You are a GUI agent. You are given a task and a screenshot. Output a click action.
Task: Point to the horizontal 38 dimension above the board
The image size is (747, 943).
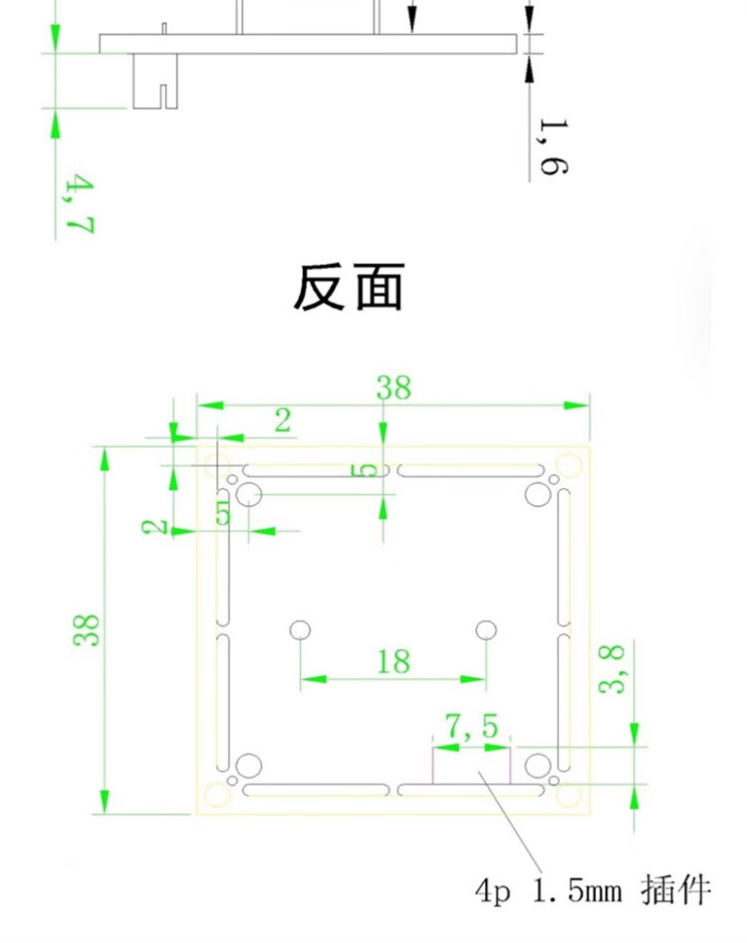(393, 387)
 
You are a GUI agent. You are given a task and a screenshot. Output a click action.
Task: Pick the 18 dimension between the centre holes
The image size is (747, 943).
(393, 660)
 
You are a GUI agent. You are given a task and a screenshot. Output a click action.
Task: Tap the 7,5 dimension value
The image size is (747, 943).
(471, 728)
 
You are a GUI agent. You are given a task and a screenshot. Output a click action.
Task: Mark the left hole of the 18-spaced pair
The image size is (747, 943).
(300, 629)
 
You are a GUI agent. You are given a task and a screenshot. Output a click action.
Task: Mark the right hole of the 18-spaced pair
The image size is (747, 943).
(487, 629)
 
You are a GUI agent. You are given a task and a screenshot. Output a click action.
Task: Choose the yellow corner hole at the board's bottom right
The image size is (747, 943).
(568, 795)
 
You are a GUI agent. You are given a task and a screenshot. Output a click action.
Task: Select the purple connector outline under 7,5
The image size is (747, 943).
(471, 767)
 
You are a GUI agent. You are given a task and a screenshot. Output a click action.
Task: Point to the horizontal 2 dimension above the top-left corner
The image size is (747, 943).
(283, 420)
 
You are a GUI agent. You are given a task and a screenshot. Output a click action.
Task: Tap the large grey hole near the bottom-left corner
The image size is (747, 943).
(248, 766)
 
